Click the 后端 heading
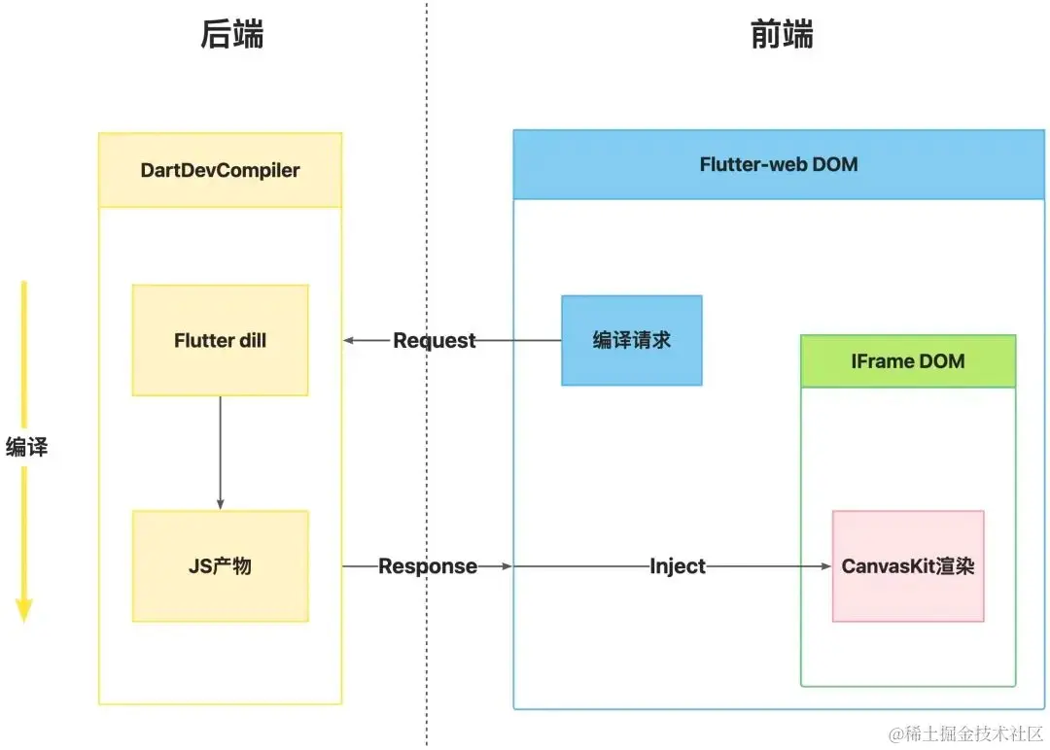(232, 34)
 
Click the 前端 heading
(782, 34)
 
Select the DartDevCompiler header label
(221, 170)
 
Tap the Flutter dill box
(221, 340)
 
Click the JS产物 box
(221, 566)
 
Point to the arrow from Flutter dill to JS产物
(221, 453)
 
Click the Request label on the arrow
(434, 340)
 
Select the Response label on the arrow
(428, 566)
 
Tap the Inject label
(678, 566)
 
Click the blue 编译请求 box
(632, 340)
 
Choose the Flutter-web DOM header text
(779, 164)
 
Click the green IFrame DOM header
(908, 361)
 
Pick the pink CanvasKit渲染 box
(908, 566)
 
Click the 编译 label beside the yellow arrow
(27, 446)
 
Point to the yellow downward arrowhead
(24, 610)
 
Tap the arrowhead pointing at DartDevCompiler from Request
(348, 340)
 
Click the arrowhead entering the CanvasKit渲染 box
(826, 566)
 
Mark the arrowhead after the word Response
(507, 566)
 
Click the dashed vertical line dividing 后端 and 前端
(427, 373)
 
